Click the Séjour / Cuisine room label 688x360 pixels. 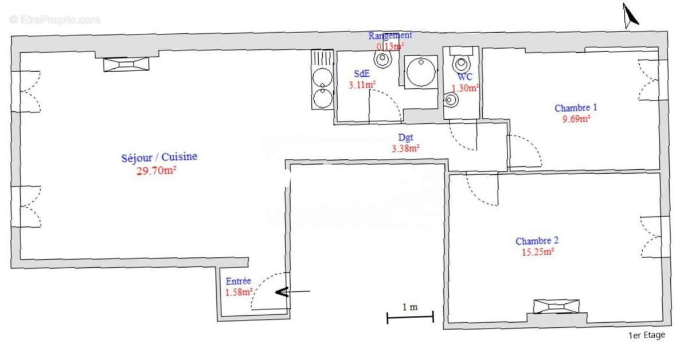159,157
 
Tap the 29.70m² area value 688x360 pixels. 156,170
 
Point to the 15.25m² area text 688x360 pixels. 535,252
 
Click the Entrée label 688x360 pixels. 238,281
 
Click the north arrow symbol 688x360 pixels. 631,15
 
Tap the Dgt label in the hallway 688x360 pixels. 405,138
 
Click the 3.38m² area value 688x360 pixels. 405,148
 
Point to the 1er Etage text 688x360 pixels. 647,335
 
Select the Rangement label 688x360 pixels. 390,36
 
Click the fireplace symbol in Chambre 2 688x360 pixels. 556,306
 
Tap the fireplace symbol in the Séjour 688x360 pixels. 127,64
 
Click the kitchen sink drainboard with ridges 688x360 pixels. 322,58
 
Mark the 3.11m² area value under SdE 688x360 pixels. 362,85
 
